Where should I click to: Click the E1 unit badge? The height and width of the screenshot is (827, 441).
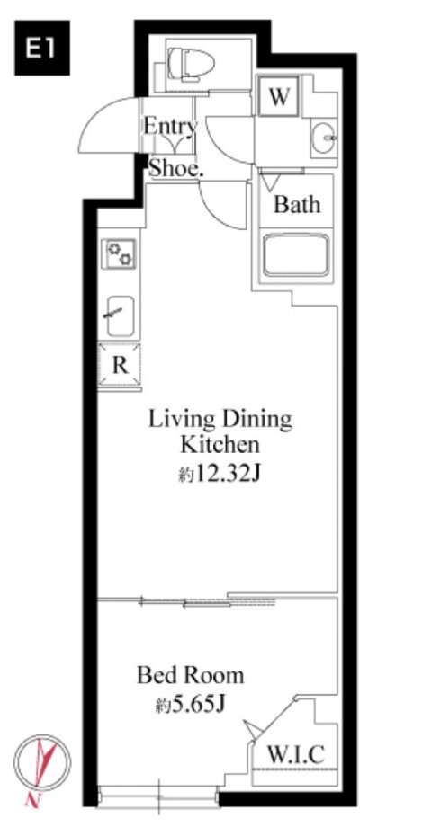point(41,48)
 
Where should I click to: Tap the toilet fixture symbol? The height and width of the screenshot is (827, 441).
point(191,64)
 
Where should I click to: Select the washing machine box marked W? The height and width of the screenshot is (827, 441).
point(278,96)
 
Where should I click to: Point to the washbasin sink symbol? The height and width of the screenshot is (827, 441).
point(324,138)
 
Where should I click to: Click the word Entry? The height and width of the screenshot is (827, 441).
point(170,127)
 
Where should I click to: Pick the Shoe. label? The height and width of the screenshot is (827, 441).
point(175,168)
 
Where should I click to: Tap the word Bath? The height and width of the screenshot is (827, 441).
point(297,204)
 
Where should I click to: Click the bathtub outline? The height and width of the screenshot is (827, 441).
point(296,254)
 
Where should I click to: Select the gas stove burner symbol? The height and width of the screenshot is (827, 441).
point(119,253)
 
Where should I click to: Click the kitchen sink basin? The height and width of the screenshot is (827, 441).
point(120,316)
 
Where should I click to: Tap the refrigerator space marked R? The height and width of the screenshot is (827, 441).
point(120,366)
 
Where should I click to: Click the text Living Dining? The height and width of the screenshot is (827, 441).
point(220,421)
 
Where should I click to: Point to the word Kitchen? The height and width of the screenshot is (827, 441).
point(220,445)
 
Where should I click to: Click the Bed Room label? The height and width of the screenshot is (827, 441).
point(190,675)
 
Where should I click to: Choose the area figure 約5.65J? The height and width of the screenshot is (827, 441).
point(190,704)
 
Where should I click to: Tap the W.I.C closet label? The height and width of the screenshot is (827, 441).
point(294,755)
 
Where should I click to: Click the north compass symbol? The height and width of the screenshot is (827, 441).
point(41,763)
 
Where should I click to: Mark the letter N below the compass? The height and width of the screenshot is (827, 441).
point(32,801)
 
